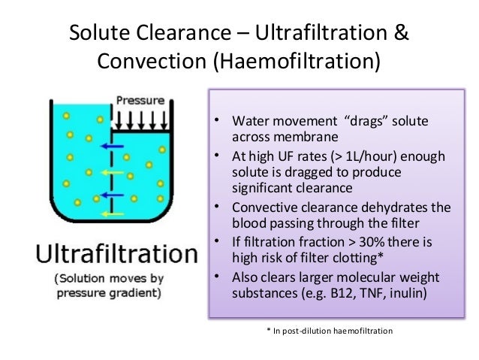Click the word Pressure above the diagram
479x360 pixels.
pos(140,98)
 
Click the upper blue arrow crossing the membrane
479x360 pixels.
pos(114,147)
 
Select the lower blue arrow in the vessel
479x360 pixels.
pos(113,195)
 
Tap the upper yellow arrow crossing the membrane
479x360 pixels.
pos(114,171)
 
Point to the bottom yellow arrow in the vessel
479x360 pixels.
pos(113,213)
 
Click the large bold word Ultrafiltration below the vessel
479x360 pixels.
pos(114,253)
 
